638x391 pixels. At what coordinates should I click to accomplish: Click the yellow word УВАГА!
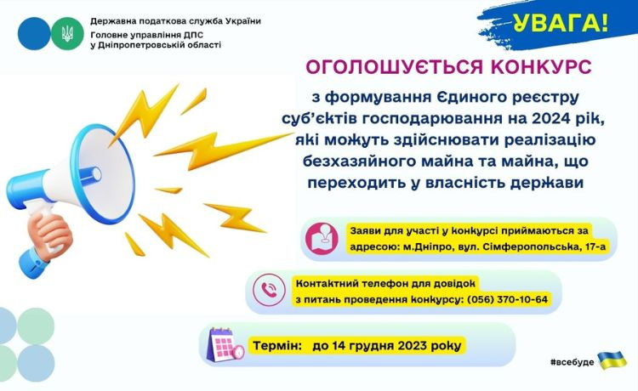(x=560, y=23)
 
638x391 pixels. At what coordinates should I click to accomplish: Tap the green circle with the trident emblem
(x=67, y=33)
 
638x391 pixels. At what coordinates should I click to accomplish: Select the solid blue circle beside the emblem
(x=34, y=33)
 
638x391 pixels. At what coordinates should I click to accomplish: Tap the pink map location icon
(x=322, y=239)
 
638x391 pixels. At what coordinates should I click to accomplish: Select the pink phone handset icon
(x=269, y=290)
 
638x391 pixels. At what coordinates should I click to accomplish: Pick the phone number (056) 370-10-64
(x=507, y=299)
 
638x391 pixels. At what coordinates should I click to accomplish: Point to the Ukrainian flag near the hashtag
(x=612, y=359)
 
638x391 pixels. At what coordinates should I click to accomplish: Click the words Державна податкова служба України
(x=175, y=21)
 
